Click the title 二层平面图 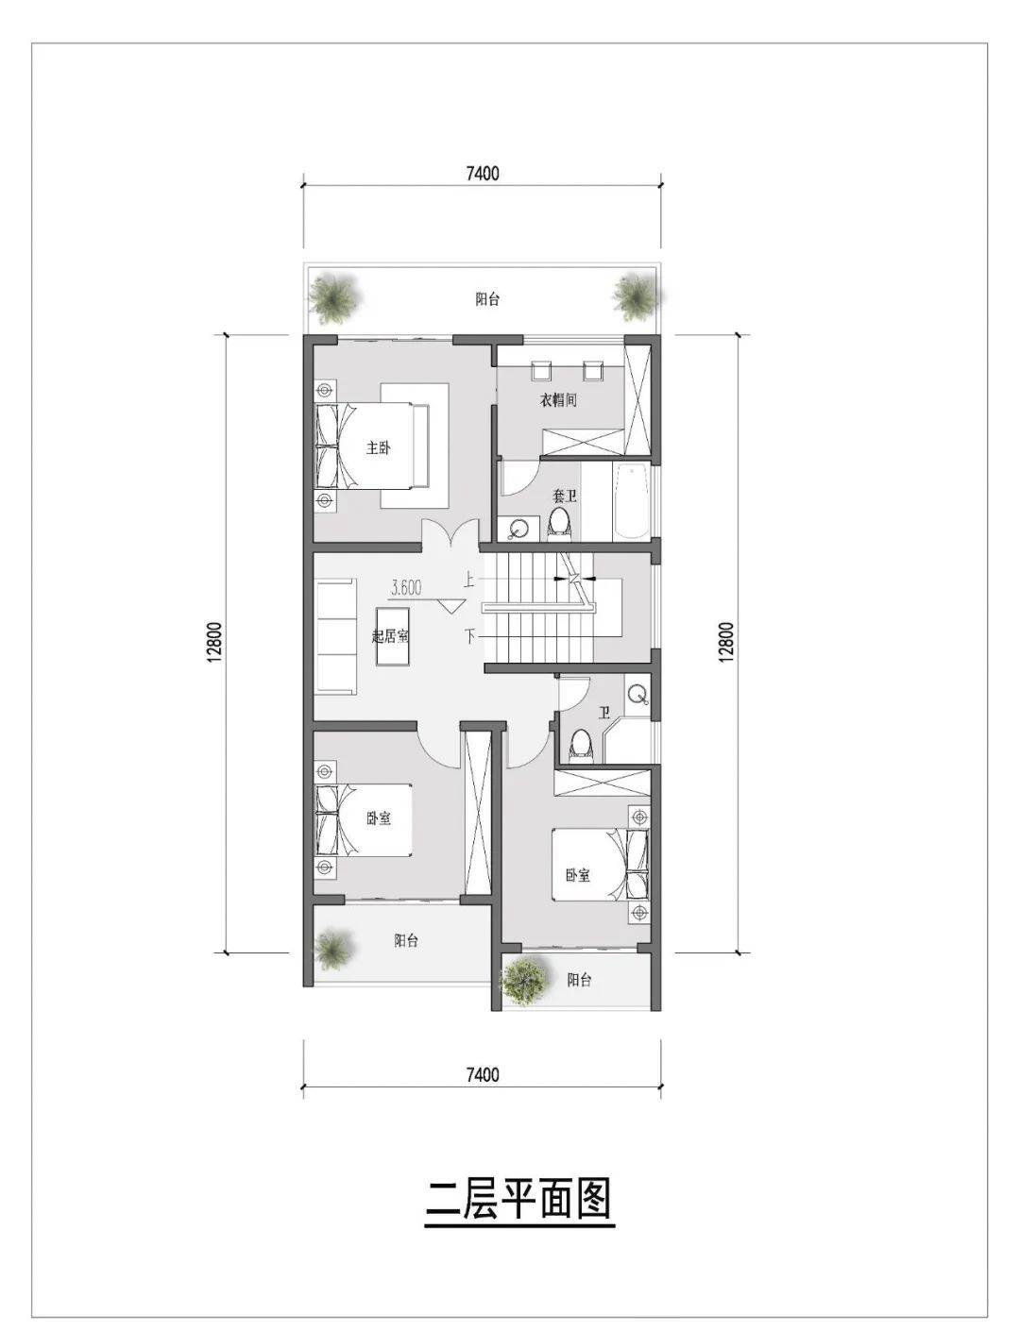pyautogui.click(x=519, y=1200)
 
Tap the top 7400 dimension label pyautogui.click(x=483, y=174)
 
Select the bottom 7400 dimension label pyautogui.click(x=483, y=1074)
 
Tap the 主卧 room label pyautogui.click(x=378, y=447)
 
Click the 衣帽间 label pyautogui.click(x=558, y=400)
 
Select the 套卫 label pyautogui.click(x=564, y=496)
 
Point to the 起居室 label pyautogui.click(x=390, y=635)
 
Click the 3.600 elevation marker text pyautogui.click(x=406, y=587)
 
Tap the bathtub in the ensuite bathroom pyautogui.click(x=630, y=501)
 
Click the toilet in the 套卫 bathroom pyautogui.click(x=559, y=522)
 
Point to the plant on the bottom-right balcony pyautogui.click(x=525, y=980)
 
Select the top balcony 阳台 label pyautogui.click(x=487, y=299)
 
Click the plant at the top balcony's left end pyautogui.click(x=334, y=297)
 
